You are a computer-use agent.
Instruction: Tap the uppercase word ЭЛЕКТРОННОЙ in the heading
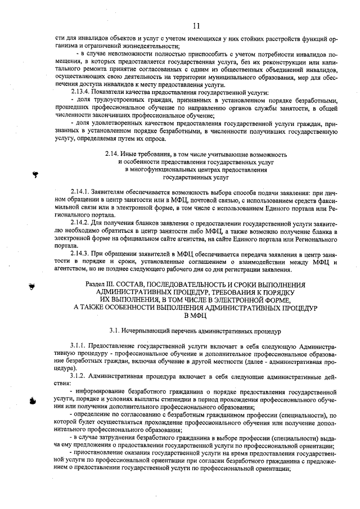tap(257, 300)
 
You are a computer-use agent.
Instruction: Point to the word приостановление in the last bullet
tap(99, 452)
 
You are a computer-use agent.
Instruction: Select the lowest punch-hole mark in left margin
tap(32, 400)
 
